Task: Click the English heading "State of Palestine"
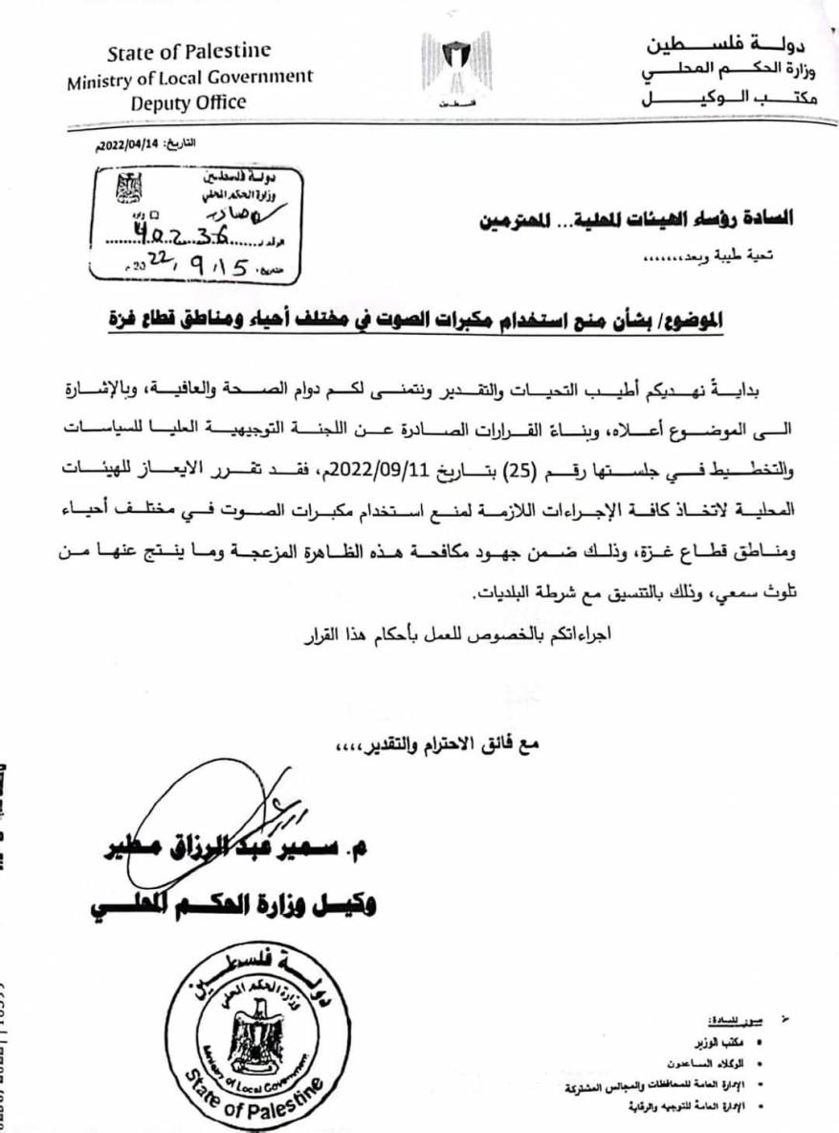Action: coord(189,52)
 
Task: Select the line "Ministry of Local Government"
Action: coord(189,78)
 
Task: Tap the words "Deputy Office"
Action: coord(189,102)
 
